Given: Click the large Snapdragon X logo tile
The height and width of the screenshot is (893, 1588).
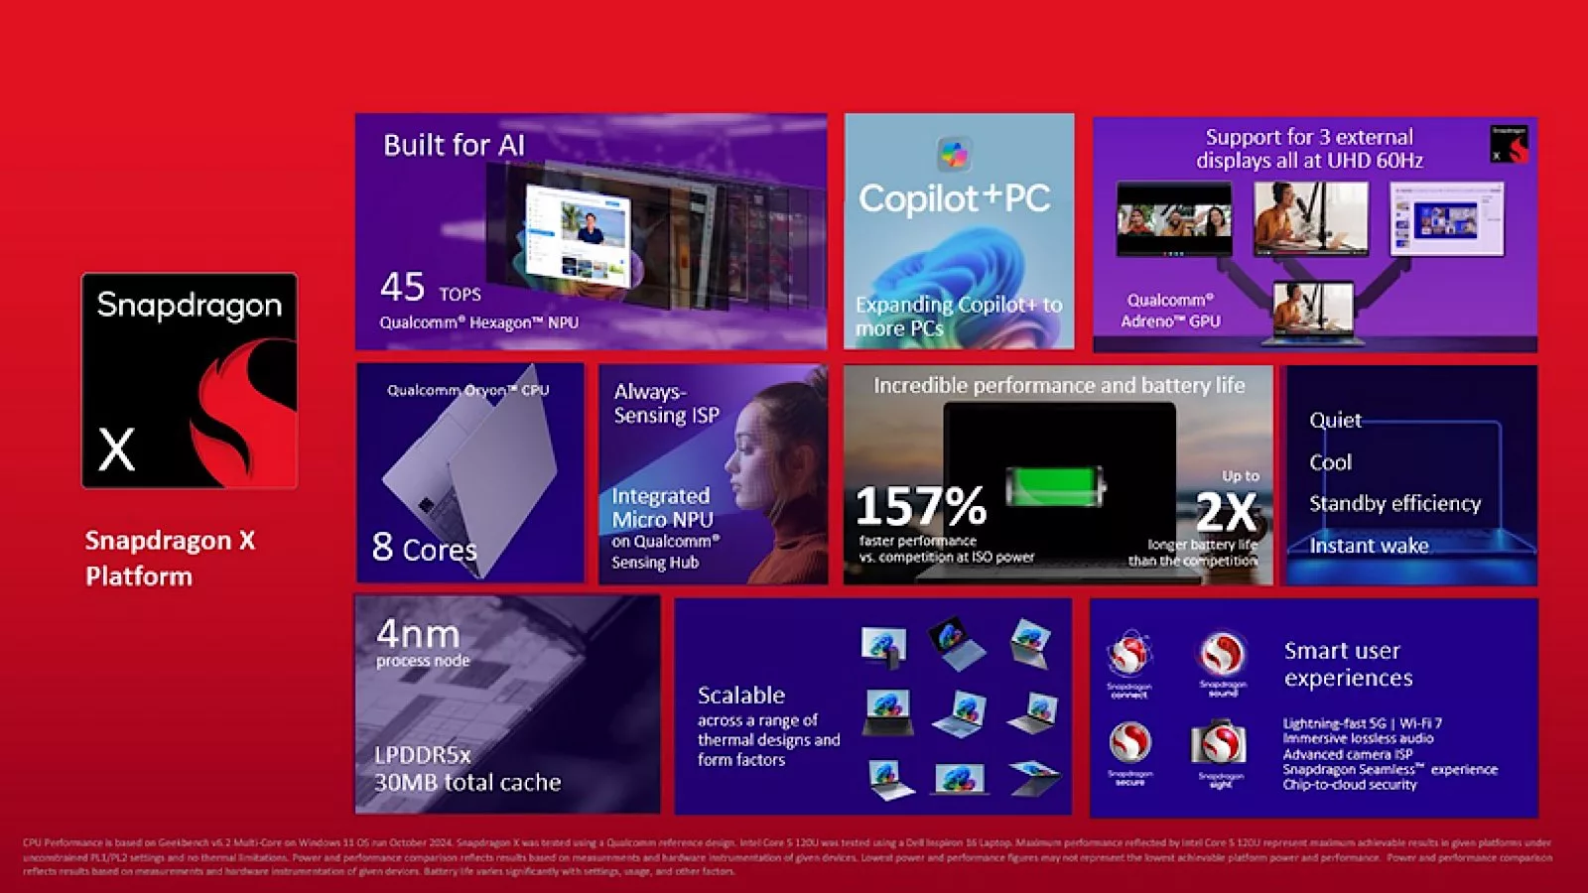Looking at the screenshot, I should (189, 381).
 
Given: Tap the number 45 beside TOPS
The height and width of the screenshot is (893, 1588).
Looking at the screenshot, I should (402, 288).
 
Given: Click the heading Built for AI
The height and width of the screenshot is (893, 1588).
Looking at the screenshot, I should (454, 145).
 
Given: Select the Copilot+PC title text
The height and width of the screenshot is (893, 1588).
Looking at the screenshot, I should (954, 198).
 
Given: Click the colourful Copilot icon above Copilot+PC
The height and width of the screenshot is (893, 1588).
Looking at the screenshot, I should (954, 154).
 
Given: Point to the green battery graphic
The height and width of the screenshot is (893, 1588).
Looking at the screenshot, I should (1054, 486).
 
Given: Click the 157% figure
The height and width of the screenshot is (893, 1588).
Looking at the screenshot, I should (920, 506).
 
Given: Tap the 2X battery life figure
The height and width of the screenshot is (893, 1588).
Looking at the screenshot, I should (1227, 512).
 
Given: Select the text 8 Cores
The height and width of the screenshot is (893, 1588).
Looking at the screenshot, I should (424, 548).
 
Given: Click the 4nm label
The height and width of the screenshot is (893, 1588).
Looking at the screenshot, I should (418, 633).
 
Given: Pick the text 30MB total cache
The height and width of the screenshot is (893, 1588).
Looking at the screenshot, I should (467, 783).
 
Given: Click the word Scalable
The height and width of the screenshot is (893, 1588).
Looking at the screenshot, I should (740, 695).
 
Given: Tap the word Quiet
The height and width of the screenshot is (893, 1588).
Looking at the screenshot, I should (1335, 420).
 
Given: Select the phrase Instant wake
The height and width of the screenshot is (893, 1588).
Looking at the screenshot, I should (1369, 545).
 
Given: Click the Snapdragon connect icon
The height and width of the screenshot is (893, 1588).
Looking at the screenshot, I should (1129, 656).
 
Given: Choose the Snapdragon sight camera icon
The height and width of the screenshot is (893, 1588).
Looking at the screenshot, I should (1219, 745).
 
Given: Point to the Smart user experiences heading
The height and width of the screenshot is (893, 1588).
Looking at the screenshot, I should (1347, 664).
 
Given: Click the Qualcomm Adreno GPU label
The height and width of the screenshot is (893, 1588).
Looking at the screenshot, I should (1170, 311).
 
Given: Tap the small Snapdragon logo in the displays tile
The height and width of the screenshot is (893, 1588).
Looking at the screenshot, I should (1509, 145).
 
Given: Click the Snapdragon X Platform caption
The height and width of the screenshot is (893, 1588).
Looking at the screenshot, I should (170, 558).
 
